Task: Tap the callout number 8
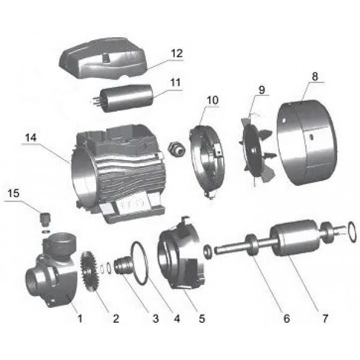pyautogui.click(x=314, y=76)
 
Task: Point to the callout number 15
pyautogui.click(x=14, y=193)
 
